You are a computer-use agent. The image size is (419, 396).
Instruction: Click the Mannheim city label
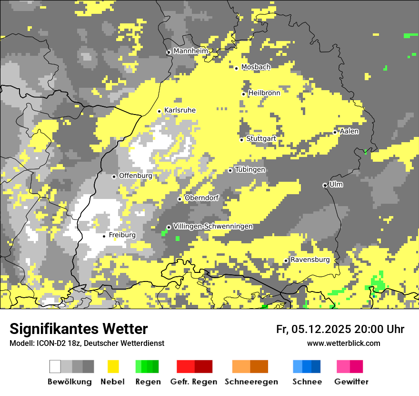(190, 51)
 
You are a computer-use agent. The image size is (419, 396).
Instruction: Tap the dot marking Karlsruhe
(160, 111)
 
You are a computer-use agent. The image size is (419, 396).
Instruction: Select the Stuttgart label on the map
(261, 139)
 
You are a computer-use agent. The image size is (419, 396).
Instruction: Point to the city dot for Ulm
(325, 185)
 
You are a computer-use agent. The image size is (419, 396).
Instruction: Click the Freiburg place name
(122, 235)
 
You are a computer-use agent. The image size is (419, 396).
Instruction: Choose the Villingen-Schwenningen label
(213, 227)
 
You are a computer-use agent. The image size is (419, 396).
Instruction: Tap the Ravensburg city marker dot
(286, 261)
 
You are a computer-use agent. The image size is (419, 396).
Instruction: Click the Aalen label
(349, 131)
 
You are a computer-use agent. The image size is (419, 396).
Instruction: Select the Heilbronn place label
(264, 93)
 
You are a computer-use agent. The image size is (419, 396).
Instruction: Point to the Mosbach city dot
(236, 68)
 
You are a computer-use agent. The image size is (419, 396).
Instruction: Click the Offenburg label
(135, 176)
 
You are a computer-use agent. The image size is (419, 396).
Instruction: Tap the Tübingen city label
(250, 170)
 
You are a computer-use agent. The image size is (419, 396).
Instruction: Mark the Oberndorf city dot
(180, 199)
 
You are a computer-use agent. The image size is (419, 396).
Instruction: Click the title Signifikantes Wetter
(79, 329)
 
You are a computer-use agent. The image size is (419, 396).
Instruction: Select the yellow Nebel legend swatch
(113, 366)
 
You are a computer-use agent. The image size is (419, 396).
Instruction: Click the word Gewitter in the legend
(351, 382)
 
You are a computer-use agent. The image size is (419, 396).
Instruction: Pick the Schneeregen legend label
(251, 382)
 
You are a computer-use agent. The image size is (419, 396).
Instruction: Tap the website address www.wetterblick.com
(343, 344)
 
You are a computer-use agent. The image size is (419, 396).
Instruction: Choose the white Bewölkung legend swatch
(55, 366)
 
